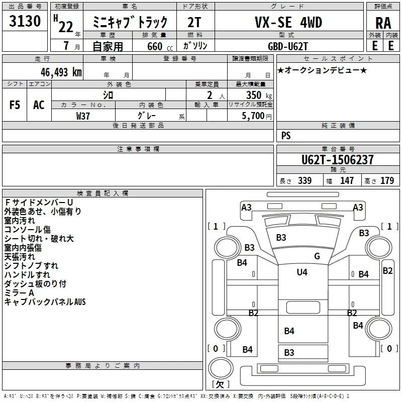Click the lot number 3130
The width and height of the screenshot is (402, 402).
25,21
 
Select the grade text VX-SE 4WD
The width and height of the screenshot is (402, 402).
288,22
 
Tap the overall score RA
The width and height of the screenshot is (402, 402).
383,23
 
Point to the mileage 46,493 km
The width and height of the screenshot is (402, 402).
61,72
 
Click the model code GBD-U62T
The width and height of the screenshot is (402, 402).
287,46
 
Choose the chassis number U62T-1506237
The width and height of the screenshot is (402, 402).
337,160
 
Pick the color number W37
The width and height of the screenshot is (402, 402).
83,116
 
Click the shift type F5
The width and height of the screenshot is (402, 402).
15,105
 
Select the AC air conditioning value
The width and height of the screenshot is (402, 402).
39,105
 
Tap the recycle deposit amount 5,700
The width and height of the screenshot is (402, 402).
253,116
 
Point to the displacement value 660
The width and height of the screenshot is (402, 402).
155,46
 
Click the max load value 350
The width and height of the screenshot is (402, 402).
254,95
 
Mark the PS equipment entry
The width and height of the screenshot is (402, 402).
286,135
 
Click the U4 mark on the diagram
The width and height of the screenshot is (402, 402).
302,272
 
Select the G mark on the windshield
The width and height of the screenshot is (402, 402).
317,256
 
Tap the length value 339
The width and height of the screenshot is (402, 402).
305,180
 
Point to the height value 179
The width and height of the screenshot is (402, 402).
387,180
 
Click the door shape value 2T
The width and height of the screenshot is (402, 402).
194,23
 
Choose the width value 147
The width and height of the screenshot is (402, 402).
347,180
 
